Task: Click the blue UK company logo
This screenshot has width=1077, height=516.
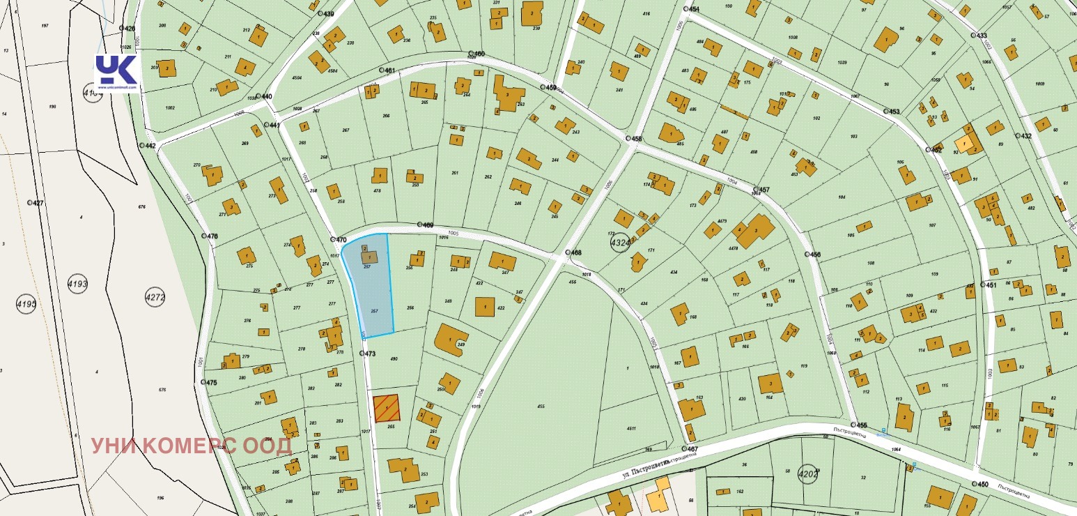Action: point(116,71)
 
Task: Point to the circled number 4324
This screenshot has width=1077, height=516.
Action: point(620,243)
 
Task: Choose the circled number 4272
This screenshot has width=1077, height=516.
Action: point(155,297)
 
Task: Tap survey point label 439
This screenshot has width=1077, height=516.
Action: point(326,14)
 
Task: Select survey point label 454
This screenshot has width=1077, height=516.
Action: point(692,9)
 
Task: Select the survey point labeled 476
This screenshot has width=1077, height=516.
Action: point(210,236)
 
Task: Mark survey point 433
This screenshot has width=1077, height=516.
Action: point(979,36)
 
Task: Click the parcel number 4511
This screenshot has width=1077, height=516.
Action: point(631,428)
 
